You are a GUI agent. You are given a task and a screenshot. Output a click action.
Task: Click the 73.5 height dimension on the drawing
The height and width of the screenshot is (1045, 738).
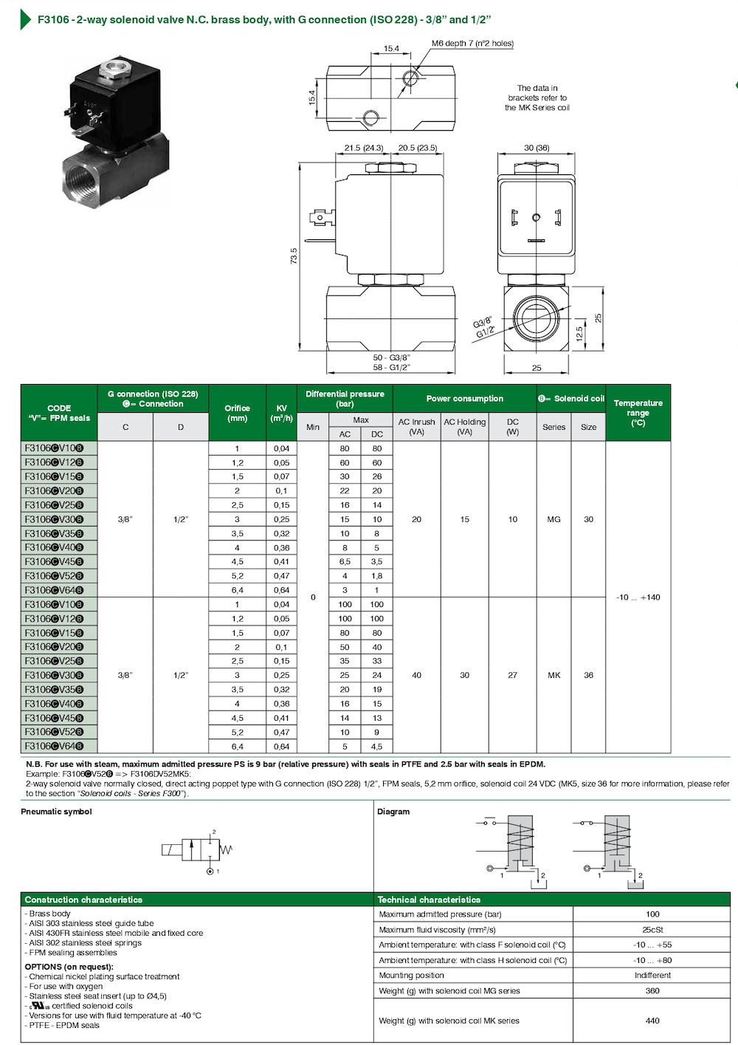294,256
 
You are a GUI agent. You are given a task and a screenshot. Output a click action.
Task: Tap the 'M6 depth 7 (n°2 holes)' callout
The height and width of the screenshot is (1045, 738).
472,44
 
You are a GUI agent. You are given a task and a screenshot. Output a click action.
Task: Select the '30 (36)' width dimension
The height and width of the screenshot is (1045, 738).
537,148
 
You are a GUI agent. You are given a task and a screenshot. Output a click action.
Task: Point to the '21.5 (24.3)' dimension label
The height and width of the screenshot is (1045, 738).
364,148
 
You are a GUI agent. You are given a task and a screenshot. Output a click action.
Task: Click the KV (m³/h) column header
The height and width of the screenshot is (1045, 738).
281,413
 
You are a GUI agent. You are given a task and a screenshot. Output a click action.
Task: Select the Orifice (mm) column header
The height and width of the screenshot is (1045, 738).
237,413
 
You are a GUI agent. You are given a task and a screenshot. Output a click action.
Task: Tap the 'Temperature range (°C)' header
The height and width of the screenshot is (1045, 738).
638,413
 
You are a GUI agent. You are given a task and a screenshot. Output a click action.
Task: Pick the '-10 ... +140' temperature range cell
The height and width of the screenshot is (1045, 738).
638,597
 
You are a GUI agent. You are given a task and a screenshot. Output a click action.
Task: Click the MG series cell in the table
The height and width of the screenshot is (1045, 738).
553,519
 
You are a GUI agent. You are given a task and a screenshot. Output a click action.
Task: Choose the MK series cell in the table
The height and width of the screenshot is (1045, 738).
553,675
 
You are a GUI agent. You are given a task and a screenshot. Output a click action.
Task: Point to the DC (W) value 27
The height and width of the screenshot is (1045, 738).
512,675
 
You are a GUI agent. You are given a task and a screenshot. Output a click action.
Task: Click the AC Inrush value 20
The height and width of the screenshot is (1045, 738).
416,519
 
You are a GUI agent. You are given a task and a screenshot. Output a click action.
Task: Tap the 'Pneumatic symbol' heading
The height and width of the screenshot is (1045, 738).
56,812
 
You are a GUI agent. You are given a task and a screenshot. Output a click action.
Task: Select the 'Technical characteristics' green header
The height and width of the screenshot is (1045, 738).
429,900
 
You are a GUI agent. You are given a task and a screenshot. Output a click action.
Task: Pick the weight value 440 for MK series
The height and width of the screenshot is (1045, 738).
652,1021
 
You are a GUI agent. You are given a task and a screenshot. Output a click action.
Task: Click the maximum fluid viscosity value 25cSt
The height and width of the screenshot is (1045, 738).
652,930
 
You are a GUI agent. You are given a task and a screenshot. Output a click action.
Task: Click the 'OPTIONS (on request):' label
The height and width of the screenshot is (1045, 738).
69,967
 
